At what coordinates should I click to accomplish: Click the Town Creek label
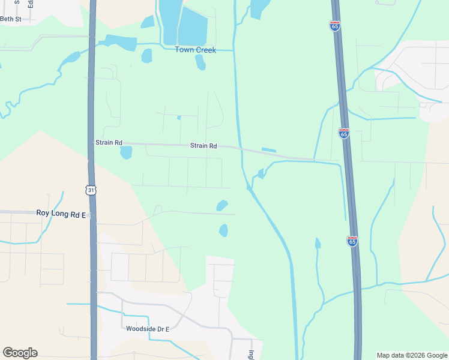click(195, 50)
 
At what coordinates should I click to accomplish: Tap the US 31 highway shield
click(91, 190)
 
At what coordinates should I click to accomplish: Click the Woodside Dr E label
click(148, 329)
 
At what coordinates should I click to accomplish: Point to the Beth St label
click(10, 19)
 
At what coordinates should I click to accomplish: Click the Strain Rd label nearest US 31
click(109, 143)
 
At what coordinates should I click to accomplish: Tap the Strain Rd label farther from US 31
click(203, 146)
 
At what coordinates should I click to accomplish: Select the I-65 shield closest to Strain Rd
click(343, 133)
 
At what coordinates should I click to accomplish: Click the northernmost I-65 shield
click(334, 26)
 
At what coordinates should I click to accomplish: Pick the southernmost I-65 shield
click(352, 241)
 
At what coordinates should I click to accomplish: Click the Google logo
click(20, 353)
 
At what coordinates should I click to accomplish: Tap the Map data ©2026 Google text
click(412, 355)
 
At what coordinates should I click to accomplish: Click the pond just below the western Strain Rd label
click(125, 152)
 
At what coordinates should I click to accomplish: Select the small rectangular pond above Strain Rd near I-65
click(269, 150)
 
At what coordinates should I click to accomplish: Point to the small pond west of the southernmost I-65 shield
click(318, 243)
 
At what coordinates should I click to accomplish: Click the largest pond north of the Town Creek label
click(193, 28)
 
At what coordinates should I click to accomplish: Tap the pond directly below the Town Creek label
click(200, 62)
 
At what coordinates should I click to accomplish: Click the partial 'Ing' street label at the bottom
click(252, 355)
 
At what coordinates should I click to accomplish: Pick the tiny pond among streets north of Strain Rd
click(179, 118)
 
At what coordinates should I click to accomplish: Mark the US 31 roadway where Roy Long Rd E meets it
click(92, 213)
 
